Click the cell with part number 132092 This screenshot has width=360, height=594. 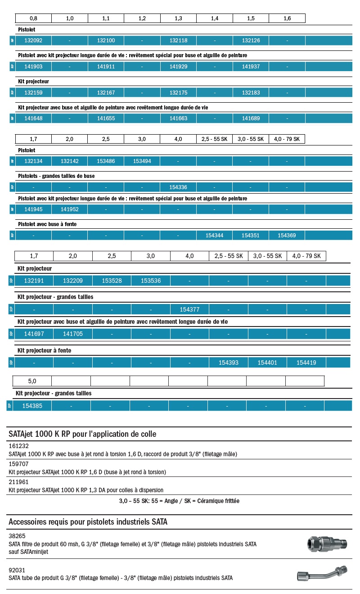coord(33,41)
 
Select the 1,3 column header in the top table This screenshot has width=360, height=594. coord(178,18)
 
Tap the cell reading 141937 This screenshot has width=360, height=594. coord(251,67)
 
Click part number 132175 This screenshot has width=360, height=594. coord(178,92)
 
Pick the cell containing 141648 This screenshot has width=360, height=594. coord(33,118)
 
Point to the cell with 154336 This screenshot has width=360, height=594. coord(178,187)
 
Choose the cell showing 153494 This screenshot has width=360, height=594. coord(142,161)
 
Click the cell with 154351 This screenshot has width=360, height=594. coord(251,235)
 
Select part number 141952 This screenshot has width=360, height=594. coord(69,209)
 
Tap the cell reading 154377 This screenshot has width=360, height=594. coord(189,309)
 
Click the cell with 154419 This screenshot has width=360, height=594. coord(306,362)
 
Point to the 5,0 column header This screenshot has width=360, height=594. coord(32,381)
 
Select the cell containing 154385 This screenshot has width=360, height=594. coord(32,406)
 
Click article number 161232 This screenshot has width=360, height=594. coord(19,446)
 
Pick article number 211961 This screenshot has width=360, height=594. coord(19,482)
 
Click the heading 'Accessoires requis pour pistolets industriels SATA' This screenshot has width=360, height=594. coord(88,522)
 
